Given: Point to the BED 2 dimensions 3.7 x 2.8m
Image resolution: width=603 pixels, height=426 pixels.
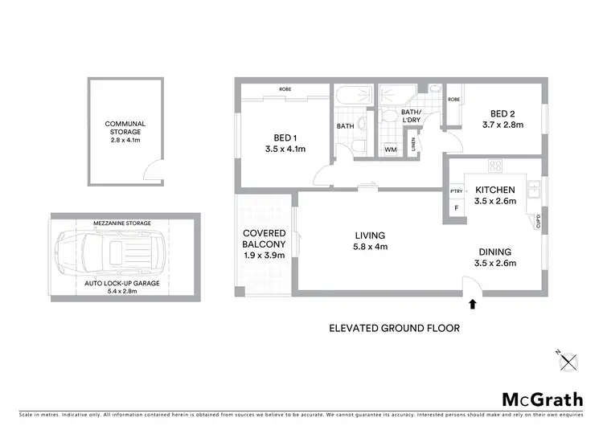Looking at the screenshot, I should (x=503, y=125).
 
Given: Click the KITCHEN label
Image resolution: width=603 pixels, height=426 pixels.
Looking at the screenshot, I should (x=494, y=190).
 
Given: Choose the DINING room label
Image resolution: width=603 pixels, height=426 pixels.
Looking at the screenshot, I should (x=495, y=251).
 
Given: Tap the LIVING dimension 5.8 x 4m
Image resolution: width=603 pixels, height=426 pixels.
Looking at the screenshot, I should (x=371, y=247).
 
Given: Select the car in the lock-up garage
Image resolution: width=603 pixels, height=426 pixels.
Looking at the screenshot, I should (x=109, y=255).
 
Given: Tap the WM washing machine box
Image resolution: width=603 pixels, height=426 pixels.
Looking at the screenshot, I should (x=391, y=150).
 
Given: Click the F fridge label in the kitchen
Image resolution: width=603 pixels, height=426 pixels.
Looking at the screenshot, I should (x=457, y=208).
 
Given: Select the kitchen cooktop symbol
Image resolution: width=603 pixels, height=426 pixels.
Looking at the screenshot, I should (x=495, y=166).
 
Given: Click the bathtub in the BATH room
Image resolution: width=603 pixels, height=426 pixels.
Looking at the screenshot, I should (x=351, y=96).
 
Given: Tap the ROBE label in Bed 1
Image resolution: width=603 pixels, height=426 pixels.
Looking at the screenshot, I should (x=285, y=88).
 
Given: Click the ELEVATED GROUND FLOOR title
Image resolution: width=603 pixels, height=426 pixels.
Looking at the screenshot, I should (x=394, y=328).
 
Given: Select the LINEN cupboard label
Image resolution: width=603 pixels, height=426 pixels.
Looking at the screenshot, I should (x=413, y=145).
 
